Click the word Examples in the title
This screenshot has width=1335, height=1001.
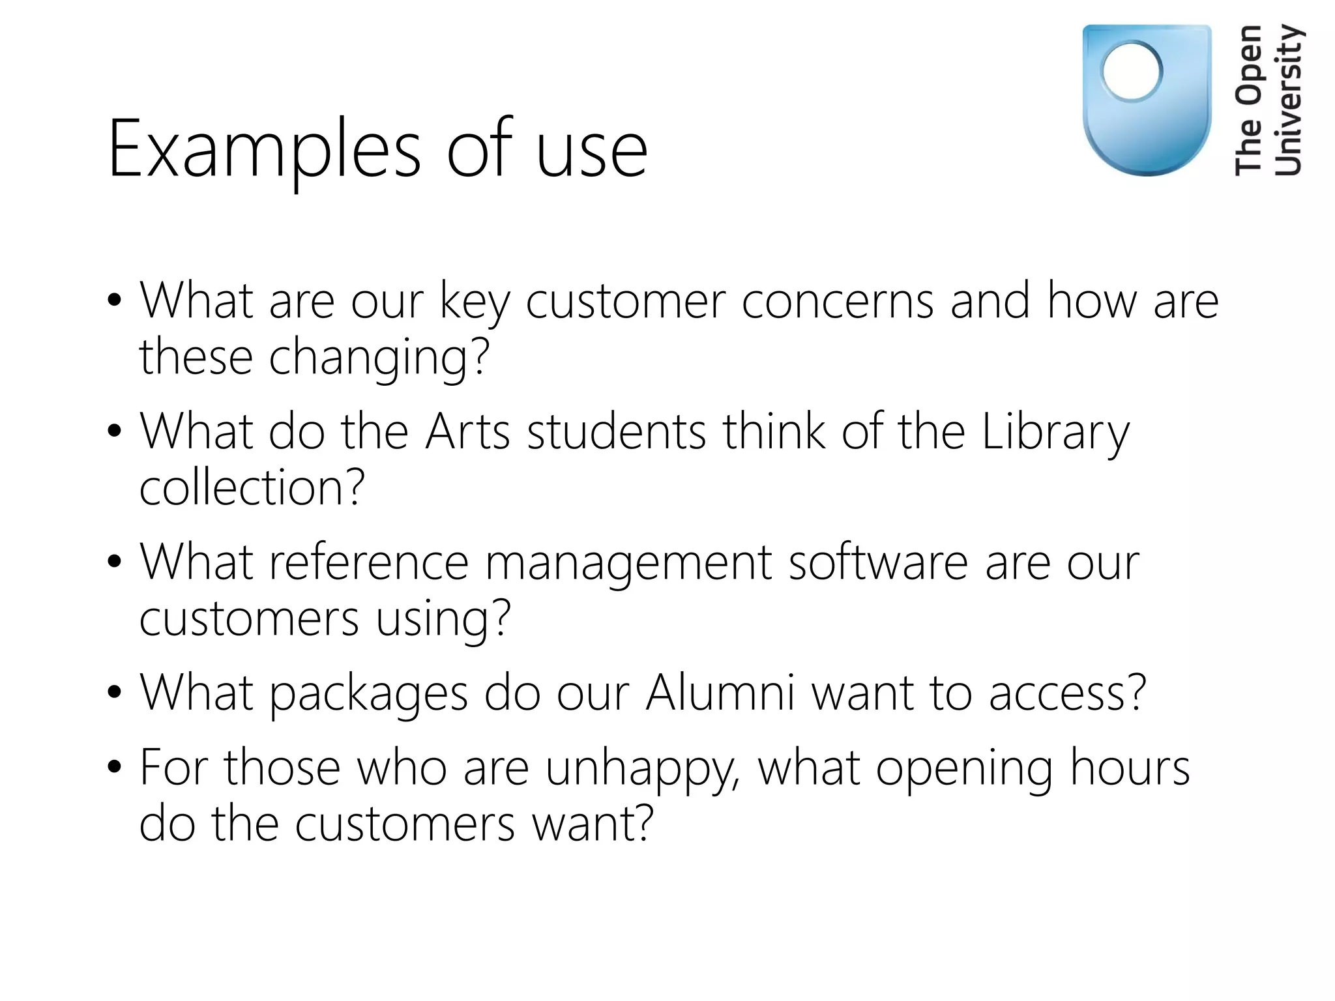264,150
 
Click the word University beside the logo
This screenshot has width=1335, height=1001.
1289,100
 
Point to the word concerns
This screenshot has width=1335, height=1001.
838,301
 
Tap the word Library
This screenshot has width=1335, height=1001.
1055,433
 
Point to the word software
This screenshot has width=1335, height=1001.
878,562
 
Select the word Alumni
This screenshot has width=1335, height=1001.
720,693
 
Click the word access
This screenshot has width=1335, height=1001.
1067,693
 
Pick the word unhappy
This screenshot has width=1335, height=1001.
643,770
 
